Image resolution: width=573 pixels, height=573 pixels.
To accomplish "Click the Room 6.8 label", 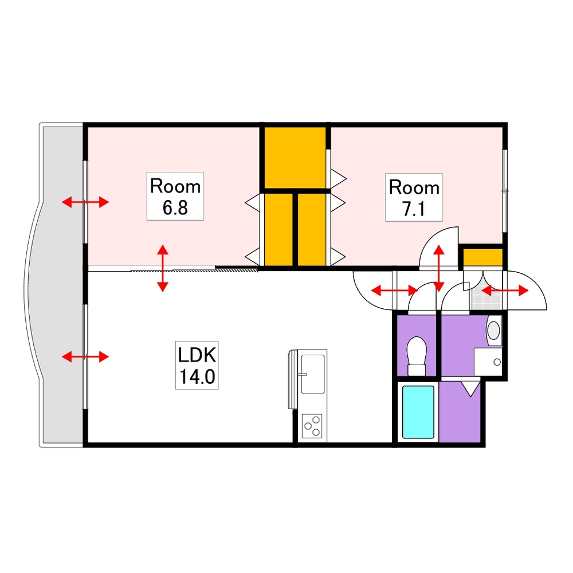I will (175, 196).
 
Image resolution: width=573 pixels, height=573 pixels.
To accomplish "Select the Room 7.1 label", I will (414, 198).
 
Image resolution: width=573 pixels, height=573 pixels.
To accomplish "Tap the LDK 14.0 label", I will (197, 366).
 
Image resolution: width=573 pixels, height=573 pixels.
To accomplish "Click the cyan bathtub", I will (418, 413).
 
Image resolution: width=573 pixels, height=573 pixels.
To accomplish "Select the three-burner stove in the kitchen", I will (312, 426).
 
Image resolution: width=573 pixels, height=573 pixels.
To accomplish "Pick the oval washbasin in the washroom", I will (493, 330).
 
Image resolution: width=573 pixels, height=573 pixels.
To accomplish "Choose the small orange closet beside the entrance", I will (482, 258).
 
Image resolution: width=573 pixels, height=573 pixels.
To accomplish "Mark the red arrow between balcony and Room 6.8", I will (85, 202).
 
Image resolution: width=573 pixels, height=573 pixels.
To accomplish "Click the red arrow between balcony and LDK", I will (85, 357).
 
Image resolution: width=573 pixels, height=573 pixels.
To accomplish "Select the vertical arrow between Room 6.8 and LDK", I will (163, 268).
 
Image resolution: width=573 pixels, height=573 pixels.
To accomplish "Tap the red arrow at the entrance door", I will (504, 291).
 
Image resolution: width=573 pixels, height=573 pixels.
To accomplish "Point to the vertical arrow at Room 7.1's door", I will (439, 268).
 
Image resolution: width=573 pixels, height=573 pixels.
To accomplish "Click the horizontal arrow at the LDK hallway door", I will (394, 291).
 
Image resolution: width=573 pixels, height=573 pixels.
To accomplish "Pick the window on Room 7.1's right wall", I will (505, 190).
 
